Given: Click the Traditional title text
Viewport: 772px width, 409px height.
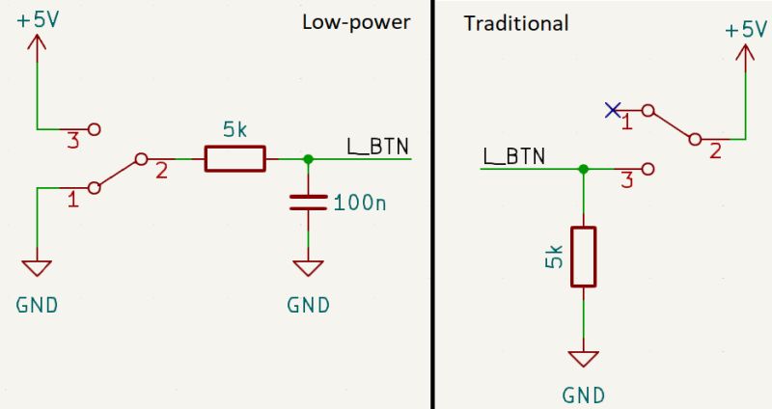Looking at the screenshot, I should point(516,22).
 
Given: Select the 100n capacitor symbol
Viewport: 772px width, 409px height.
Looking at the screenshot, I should point(308,203).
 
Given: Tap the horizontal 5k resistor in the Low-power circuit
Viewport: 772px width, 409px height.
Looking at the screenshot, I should point(234,159).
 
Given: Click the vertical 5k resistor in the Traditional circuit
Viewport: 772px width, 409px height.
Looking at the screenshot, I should point(583,257).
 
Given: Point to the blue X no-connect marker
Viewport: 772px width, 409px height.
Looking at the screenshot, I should point(611,110).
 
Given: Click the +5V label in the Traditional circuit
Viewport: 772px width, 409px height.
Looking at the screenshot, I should point(744,30).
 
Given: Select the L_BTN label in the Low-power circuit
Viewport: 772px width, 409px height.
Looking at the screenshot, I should point(377,146).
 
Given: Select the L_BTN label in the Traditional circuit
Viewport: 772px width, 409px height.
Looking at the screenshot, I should point(513,155).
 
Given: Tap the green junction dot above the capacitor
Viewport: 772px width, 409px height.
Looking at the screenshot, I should point(308,159).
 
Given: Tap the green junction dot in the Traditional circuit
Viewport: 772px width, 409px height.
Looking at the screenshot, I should point(583,169).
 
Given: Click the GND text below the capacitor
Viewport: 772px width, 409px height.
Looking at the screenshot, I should point(308,306).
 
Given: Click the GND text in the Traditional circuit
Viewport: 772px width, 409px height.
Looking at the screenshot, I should point(583,395).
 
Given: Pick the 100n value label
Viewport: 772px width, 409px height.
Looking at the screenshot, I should point(361,204).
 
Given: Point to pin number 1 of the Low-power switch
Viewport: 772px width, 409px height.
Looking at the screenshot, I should point(72,201).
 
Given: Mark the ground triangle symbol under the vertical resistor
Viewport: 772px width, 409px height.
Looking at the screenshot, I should point(583,359).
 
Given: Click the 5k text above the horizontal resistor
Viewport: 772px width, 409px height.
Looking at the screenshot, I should point(234,128).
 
